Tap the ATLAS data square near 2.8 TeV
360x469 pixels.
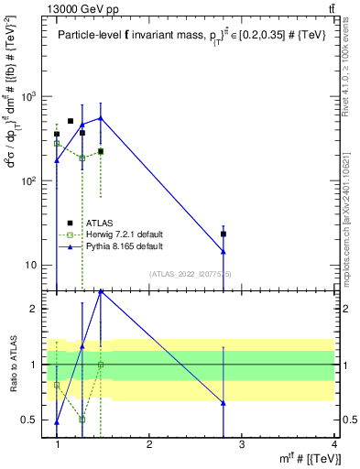tap(224, 234)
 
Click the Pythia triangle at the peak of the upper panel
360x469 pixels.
tap(101, 117)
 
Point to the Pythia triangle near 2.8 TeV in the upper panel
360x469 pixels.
tap(224, 252)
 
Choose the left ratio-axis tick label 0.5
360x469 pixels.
tap(28, 420)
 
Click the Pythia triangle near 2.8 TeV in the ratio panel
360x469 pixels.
tap(224, 403)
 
